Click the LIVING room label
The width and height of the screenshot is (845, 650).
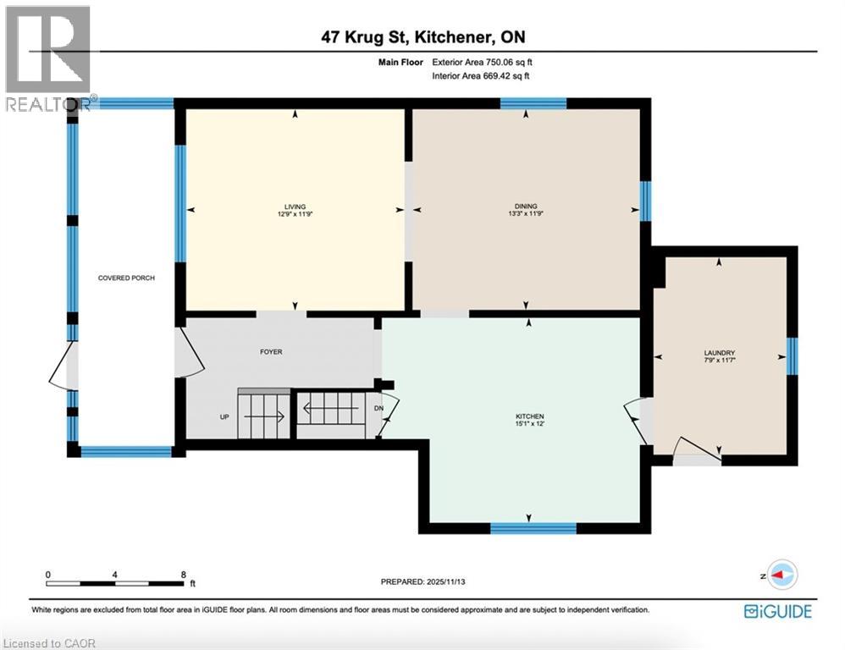(x=295, y=207)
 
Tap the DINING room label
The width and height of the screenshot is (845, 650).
(x=526, y=207)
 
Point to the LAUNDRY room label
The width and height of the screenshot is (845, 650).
(x=719, y=353)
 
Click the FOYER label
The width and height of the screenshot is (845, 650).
(x=271, y=352)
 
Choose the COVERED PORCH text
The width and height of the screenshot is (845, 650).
(x=126, y=278)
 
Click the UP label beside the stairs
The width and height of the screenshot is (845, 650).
(x=224, y=416)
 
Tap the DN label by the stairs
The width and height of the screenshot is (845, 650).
(x=379, y=408)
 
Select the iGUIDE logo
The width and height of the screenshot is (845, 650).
(x=777, y=611)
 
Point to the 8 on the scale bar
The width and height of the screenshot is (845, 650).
(x=184, y=574)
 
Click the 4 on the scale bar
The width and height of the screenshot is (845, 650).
(x=114, y=574)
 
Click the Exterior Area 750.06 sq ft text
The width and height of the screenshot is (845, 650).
(x=482, y=62)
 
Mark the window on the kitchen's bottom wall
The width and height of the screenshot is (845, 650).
(x=533, y=528)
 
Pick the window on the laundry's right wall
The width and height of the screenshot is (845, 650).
(x=792, y=355)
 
